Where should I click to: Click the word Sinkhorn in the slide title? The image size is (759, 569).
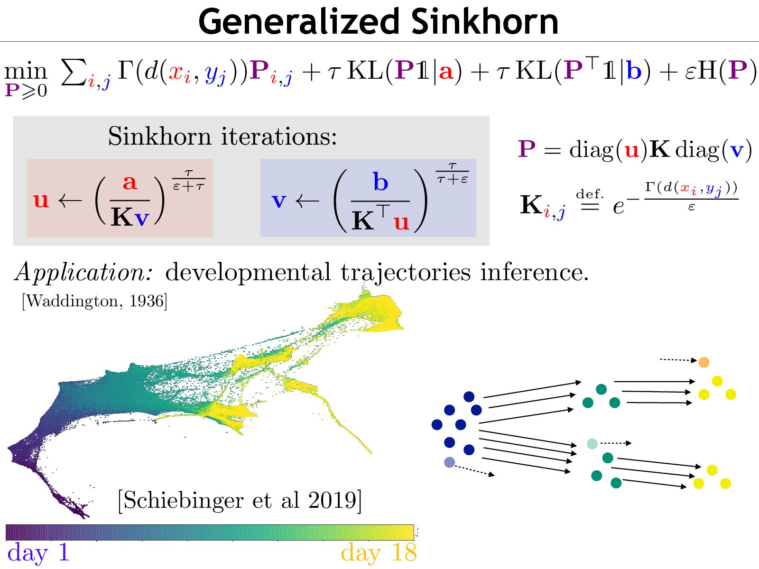(484, 22)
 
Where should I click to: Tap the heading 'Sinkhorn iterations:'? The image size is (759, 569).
(222, 137)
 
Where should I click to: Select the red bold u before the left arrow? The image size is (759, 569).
(41, 200)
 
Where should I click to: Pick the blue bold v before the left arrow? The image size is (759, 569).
(279, 201)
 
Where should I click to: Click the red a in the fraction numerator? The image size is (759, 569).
(130, 182)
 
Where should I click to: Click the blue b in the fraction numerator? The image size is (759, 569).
(380, 182)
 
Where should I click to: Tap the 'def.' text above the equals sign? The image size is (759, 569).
(590, 194)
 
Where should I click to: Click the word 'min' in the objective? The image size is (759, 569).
(26, 72)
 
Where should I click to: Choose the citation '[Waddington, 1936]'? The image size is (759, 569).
(94, 301)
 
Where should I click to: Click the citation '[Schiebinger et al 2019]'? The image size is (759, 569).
(240, 500)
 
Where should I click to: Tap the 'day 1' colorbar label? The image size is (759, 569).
(38, 553)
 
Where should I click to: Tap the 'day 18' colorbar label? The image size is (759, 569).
(379, 553)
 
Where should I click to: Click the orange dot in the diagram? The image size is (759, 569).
(703, 362)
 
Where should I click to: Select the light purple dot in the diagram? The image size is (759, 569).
(449, 462)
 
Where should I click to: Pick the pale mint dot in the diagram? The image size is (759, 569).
(592, 444)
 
